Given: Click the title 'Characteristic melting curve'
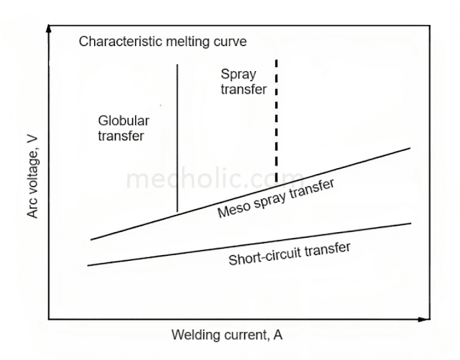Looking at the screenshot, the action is click(162, 41).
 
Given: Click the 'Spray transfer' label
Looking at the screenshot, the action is click(244, 82).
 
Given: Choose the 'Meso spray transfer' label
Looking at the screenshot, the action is click(275, 199).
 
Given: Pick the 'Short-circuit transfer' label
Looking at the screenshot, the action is click(290, 254).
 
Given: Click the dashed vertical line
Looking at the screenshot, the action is click(276, 122).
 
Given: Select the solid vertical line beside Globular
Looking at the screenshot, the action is click(177, 137).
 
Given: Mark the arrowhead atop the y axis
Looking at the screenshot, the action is click(49, 27).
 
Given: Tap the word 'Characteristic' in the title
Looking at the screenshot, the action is click(114, 41).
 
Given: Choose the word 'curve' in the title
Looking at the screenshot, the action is click(231, 41).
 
